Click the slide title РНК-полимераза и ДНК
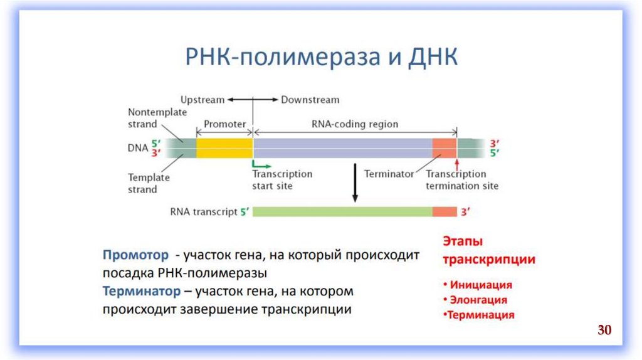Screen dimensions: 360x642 click(x=320, y=58)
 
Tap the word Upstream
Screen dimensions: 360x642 click(x=202, y=100)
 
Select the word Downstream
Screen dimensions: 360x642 click(x=310, y=100)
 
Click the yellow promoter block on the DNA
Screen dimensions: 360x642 click(x=224, y=148)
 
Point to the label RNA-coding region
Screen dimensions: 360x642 click(x=354, y=124)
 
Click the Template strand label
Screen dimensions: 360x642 click(x=149, y=183)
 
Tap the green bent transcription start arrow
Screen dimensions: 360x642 click(x=259, y=163)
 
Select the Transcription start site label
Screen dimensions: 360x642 click(x=282, y=180)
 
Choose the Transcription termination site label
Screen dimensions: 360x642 click(x=462, y=180)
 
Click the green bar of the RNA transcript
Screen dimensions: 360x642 click(x=342, y=212)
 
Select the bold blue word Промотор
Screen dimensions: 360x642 click(x=136, y=255)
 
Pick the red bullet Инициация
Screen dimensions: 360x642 click(x=480, y=285)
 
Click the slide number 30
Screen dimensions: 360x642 click(x=604, y=330)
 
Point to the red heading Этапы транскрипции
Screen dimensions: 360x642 click(x=489, y=250)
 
